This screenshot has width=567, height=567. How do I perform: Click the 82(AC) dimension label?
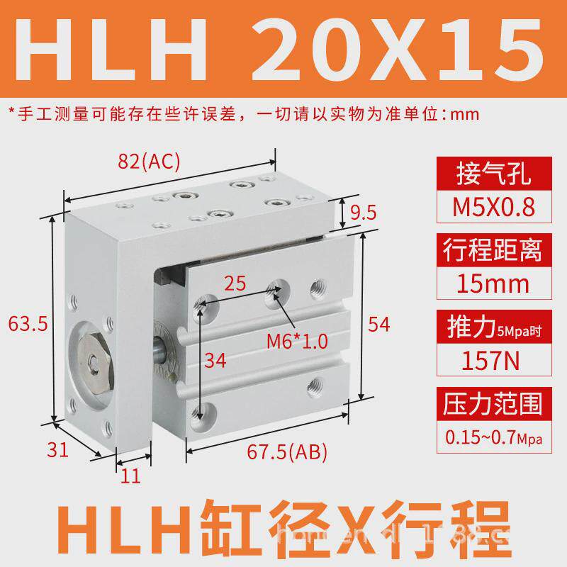(x=150, y=162)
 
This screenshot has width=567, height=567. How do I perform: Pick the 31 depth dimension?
(x=57, y=449)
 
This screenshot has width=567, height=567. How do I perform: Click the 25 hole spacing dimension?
(x=235, y=284)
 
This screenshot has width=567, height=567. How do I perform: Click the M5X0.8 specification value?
(x=492, y=207)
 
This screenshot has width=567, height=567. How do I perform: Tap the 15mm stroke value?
(x=492, y=284)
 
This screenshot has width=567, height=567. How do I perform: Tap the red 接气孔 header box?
(x=492, y=174)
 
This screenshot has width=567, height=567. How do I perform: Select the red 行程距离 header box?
(x=492, y=250)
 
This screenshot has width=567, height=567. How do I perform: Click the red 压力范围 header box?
(x=492, y=405)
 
